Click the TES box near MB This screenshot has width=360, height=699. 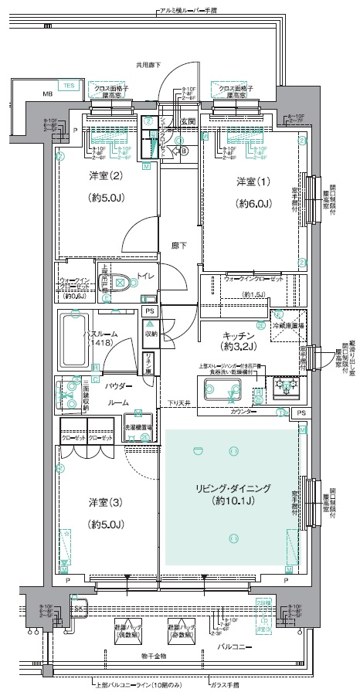69,86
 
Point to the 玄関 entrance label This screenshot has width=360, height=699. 188,121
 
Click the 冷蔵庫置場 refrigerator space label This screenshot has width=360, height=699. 287,327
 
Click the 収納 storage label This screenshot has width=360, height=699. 151,334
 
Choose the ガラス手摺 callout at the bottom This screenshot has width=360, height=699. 225,685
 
